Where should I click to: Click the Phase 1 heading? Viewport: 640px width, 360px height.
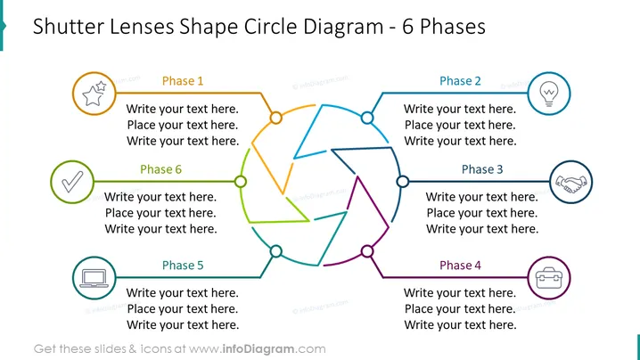tap(183, 81)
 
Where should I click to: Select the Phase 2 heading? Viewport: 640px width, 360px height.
tap(460, 81)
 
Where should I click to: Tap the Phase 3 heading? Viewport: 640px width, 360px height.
tap(482, 169)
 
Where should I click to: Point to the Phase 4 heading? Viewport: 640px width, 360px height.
tap(460, 266)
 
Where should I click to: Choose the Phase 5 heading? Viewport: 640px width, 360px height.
tap(183, 266)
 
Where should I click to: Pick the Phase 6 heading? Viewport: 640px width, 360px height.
tap(160, 169)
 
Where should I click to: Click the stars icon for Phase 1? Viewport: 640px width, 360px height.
tap(94, 94)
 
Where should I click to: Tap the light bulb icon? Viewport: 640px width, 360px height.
tap(549, 94)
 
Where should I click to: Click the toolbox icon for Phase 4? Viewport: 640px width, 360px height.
tap(549, 278)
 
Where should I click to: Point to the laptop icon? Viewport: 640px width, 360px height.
tap(94, 278)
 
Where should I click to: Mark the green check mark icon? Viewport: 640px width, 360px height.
tap(72, 182)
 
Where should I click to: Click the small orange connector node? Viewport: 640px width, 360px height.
tap(276, 118)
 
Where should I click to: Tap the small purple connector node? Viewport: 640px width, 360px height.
tap(367, 251)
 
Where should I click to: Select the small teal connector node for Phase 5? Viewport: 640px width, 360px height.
tap(276, 251)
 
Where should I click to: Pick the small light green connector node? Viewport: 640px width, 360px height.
tap(241, 182)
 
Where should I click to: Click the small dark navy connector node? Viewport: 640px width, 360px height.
tap(402, 182)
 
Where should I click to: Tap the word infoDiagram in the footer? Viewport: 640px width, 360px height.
tap(258, 349)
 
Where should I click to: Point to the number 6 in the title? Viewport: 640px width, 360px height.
tap(407, 27)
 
